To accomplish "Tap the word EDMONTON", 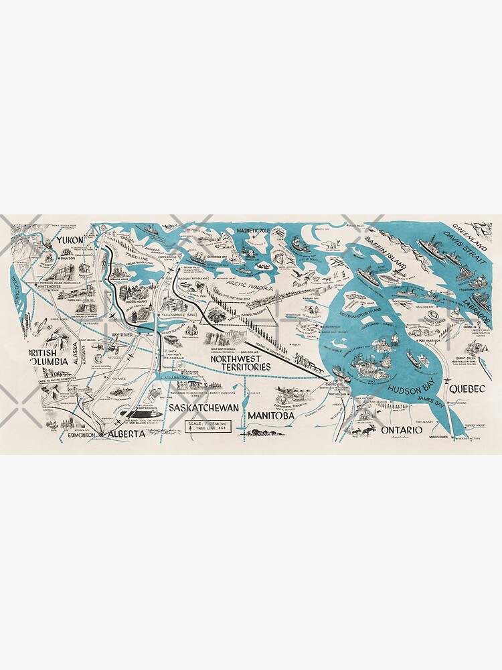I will tap(82, 435).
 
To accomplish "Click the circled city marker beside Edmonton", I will tap(101, 435).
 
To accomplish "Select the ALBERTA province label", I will tap(126, 434).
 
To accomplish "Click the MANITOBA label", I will tap(271, 416).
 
